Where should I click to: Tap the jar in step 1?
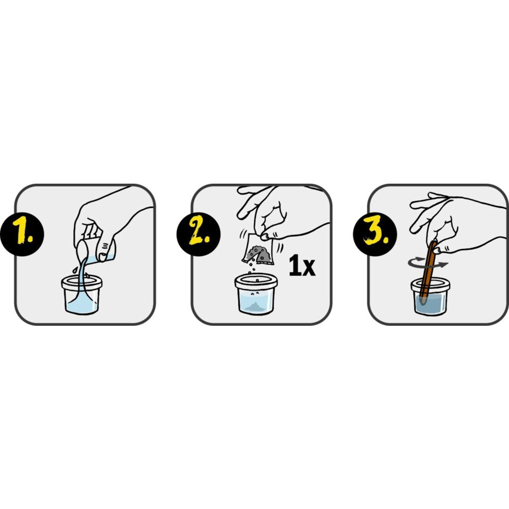point(81,295)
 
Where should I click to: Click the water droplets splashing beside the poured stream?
point(75,269)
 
